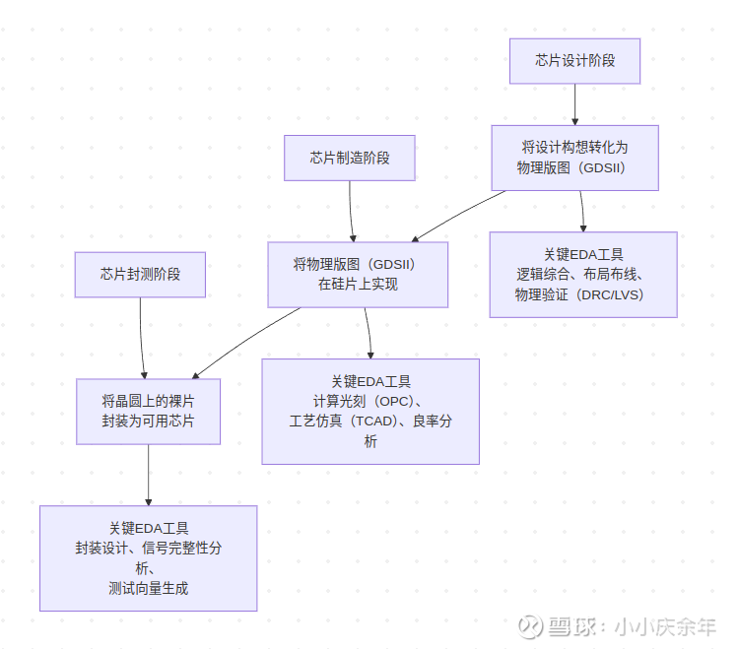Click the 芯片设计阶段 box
[574, 60]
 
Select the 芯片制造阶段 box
[350, 158]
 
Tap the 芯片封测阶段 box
[140, 274]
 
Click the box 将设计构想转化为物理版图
[574, 158]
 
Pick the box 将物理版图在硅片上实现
[358, 274]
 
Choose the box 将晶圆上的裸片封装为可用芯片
[148, 411]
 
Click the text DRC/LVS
[613, 294]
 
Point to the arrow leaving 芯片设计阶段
[575, 103]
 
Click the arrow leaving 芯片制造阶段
[352, 211]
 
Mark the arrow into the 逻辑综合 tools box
[582, 211]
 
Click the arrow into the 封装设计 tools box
[148, 475]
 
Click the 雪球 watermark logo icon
[532, 626]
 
